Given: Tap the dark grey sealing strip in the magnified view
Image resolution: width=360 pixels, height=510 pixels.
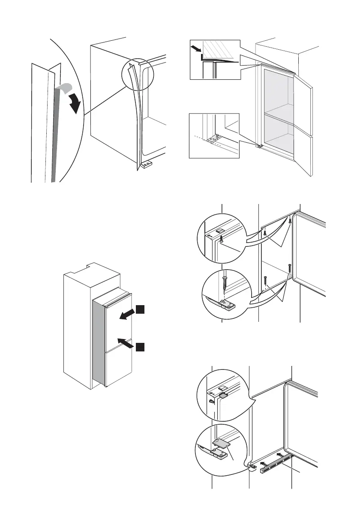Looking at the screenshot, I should pyautogui.click(x=52, y=137).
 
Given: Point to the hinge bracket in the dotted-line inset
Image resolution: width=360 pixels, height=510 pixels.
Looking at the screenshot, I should pyautogui.click(x=213, y=138).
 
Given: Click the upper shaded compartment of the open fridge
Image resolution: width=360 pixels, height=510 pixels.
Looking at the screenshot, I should pyautogui.click(x=279, y=92).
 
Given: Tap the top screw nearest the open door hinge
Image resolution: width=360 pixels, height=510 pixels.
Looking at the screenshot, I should pyautogui.click(x=290, y=221).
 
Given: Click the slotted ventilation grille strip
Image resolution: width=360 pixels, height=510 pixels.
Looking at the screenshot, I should pyautogui.click(x=274, y=465).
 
